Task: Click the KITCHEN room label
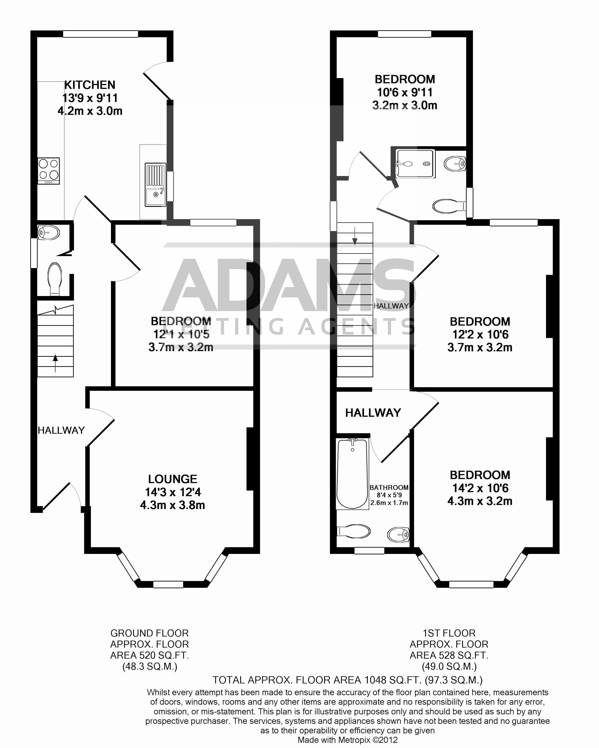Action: [90, 85]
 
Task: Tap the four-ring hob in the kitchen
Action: [48, 170]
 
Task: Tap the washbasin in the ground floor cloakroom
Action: [48, 232]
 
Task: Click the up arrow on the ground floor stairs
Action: [55, 363]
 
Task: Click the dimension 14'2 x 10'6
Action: [480, 488]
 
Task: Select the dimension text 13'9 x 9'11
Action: [90, 98]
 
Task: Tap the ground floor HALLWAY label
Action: [61, 430]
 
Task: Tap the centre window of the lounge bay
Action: [168, 585]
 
